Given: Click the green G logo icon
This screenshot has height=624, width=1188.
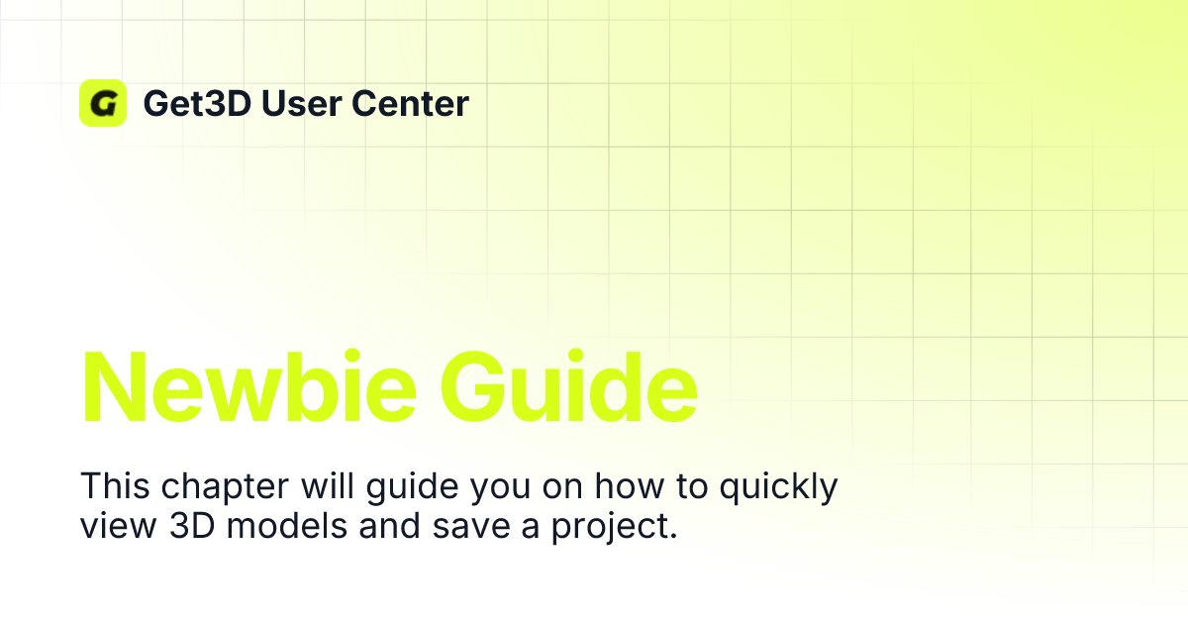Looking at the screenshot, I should pyautogui.click(x=103, y=103).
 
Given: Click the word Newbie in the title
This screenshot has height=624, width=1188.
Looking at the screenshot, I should pyautogui.click(x=244, y=386).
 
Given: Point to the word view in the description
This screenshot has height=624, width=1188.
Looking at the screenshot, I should pyautogui.click(x=107, y=526).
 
